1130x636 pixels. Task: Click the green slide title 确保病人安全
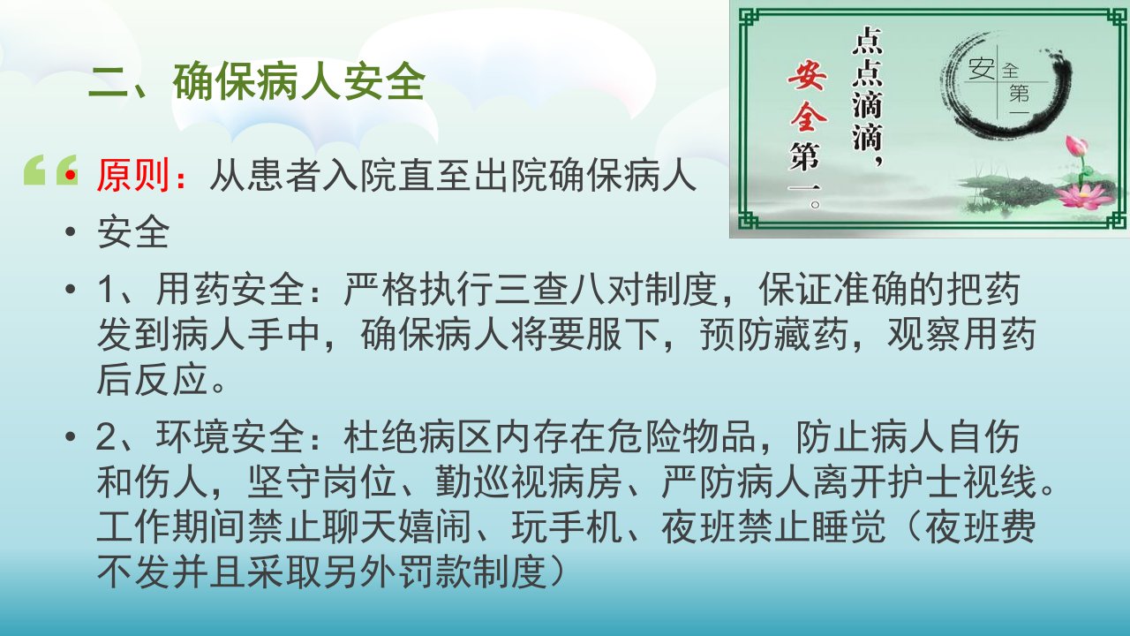[x=299, y=82]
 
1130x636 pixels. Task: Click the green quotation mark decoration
[x=50, y=170]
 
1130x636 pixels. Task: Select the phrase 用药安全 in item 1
[x=230, y=290]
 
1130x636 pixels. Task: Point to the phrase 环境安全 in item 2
[x=230, y=436]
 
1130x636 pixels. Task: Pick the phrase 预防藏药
[x=774, y=334]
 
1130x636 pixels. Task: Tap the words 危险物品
[x=681, y=436]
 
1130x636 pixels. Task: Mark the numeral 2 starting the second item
[x=106, y=437]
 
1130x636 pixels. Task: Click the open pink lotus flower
[x=1086, y=196]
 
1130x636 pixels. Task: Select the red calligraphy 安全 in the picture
[x=808, y=97]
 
